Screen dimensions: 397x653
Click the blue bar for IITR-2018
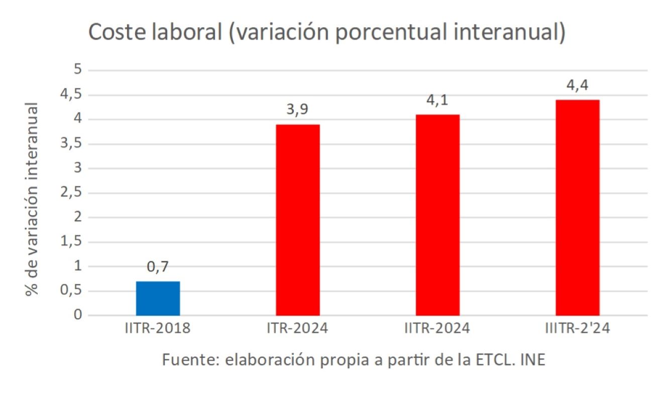point(158,299)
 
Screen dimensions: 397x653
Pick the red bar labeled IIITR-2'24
point(577,208)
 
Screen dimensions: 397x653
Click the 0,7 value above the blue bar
point(158,267)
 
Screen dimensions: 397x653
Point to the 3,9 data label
point(297,110)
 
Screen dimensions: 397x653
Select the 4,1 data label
point(438,100)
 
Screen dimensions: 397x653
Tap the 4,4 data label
point(577,85)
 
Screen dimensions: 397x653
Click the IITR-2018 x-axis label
point(158,329)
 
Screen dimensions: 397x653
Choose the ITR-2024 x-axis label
point(297,329)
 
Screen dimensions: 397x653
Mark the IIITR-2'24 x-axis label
point(577,329)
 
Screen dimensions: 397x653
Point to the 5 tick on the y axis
point(77,70)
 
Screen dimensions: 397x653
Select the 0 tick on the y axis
point(77,316)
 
